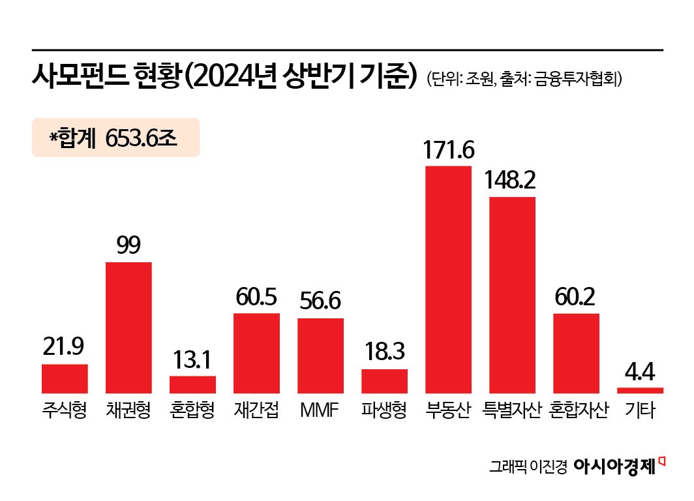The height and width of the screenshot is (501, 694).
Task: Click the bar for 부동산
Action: pos(448,279)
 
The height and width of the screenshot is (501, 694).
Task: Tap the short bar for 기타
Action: pos(640,390)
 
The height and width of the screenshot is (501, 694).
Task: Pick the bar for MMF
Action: pos(320,356)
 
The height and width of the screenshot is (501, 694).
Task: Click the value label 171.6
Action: pos(448,149)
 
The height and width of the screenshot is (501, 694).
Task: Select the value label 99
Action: pos(128,246)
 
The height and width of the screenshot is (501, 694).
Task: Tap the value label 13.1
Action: pos(192,359)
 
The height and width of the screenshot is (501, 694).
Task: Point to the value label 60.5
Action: pos(256,297)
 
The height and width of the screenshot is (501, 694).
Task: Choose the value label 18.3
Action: pos(384,353)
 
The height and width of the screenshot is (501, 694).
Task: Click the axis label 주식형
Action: pos(65,411)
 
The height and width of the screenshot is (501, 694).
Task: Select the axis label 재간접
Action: pos(256,411)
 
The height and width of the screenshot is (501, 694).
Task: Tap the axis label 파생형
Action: pos(384,411)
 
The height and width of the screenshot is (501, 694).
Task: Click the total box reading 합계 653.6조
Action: pos(115,138)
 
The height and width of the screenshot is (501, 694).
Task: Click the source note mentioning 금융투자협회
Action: pos(526,80)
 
